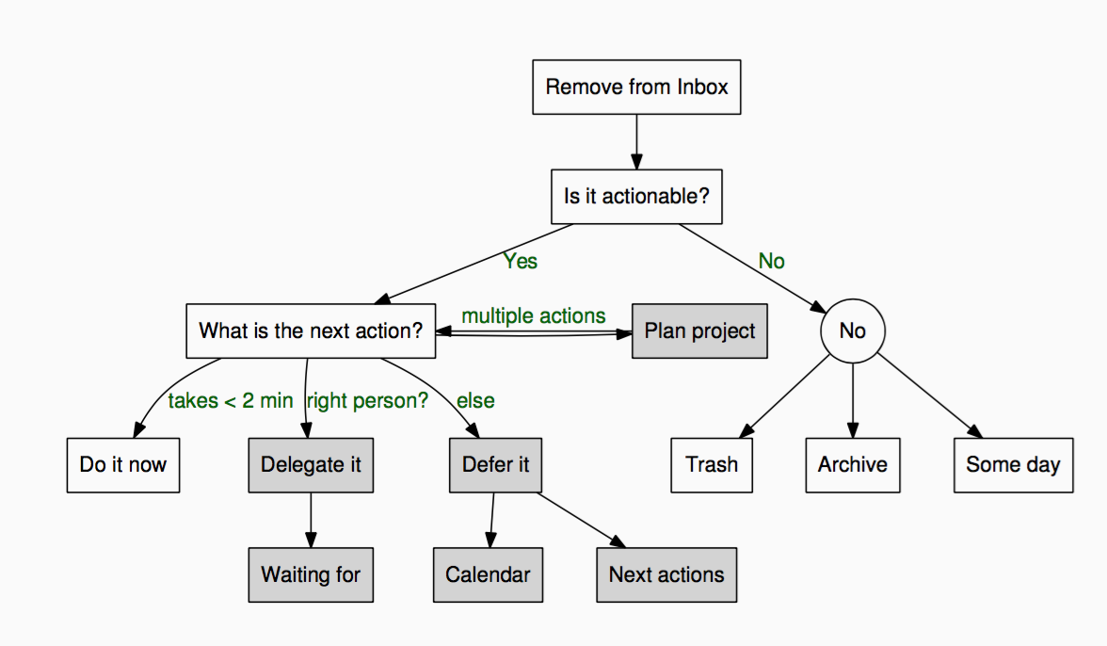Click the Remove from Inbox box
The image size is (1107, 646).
[x=636, y=87]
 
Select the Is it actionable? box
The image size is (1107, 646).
[x=636, y=196]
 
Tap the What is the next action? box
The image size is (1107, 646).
[x=311, y=331]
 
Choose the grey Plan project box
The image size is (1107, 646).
[x=699, y=331]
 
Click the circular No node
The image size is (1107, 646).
[x=853, y=331]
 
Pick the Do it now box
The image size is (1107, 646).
[x=123, y=465]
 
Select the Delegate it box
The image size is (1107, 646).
[x=311, y=465]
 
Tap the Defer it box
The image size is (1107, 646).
[x=495, y=465]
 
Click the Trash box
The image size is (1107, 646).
[x=712, y=465]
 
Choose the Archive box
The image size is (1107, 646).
[x=853, y=465]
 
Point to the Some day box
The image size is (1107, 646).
[x=1014, y=465]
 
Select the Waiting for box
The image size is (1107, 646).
[x=311, y=574]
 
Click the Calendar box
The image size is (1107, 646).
[x=488, y=574]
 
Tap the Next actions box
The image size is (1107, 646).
[x=666, y=574]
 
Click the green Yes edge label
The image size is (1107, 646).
[x=521, y=261]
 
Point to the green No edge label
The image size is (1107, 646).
[x=772, y=261]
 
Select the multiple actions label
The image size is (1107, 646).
[x=534, y=315]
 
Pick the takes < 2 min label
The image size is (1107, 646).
[x=230, y=401]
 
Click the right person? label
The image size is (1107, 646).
[x=367, y=401]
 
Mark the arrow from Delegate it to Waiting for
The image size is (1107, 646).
[x=311, y=521]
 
